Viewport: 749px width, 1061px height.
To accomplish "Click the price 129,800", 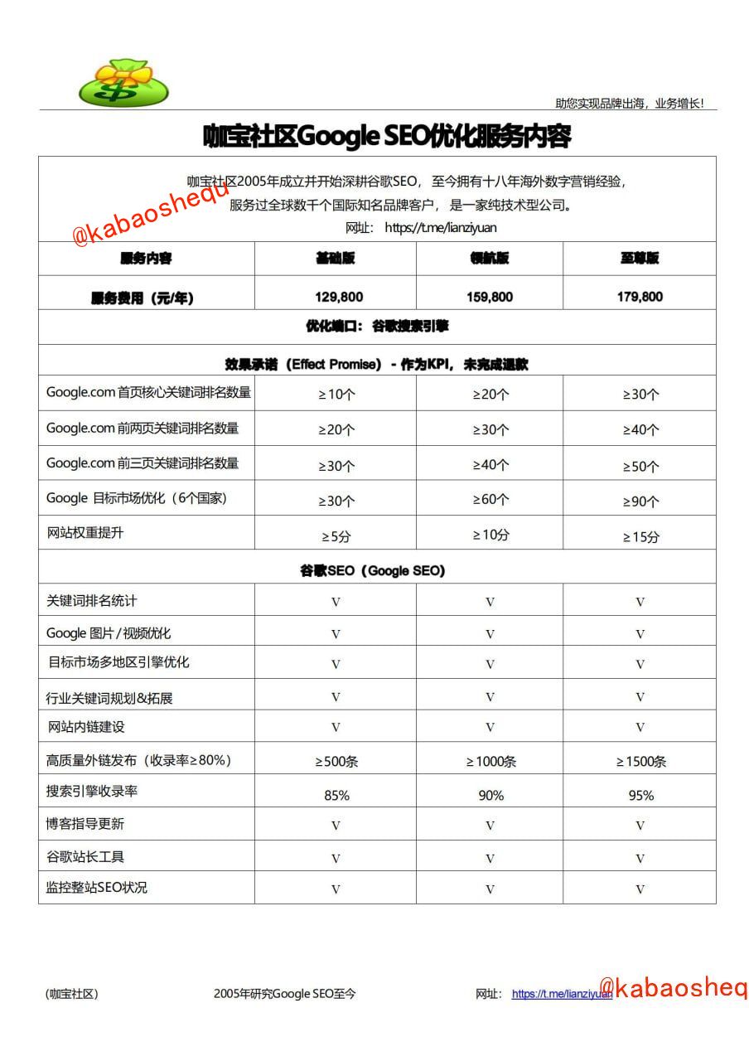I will tap(338, 297).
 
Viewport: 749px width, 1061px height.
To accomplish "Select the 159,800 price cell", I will tap(490, 297).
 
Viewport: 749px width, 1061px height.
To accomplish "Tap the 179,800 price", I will tap(640, 297).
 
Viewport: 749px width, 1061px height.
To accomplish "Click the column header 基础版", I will tap(336, 259).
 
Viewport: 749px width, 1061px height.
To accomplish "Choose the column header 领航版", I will tap(490, 259).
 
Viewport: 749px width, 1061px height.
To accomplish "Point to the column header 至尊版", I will tap(640, 259).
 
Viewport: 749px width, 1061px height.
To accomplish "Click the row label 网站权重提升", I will tap(85, 533).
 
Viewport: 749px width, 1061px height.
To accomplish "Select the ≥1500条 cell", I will tap(640, 761).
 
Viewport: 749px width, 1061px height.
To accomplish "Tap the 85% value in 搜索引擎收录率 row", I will tap(336, 796).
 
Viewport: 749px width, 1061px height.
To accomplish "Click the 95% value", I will tap(640, 796).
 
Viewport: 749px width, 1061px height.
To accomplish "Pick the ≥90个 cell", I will tap(640, 501).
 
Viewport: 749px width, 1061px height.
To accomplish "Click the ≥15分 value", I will tap(640, 537).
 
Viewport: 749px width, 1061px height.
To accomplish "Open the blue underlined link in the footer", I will tap(561, 994).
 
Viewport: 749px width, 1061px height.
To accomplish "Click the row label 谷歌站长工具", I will tap(85, 856).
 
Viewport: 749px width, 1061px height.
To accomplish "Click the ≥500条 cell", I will tap(336, 761).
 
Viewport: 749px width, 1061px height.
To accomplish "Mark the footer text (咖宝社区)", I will tap(71, 994).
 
